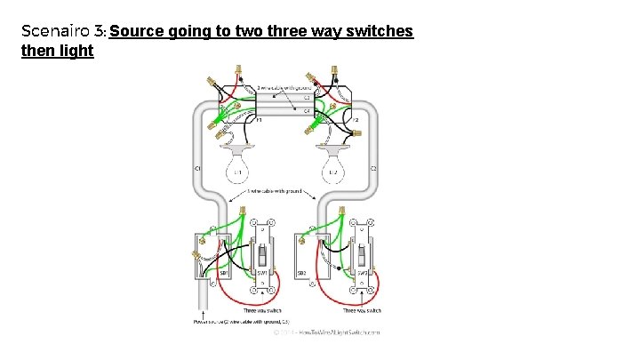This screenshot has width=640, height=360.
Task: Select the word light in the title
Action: [76, 51]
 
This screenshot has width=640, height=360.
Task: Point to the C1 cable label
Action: [197, 168]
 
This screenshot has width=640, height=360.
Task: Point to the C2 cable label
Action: [373, 168]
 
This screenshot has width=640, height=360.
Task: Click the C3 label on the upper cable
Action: [307, 97]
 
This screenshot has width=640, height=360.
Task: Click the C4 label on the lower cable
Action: [307, 111]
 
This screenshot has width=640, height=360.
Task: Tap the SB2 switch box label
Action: [302, 273]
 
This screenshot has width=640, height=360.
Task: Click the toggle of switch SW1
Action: [262, 258]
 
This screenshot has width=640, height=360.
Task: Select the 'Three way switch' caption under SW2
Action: [362, 310]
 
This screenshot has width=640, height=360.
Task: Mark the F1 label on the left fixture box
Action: [259, 119]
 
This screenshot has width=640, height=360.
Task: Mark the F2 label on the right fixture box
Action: [355, 119]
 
